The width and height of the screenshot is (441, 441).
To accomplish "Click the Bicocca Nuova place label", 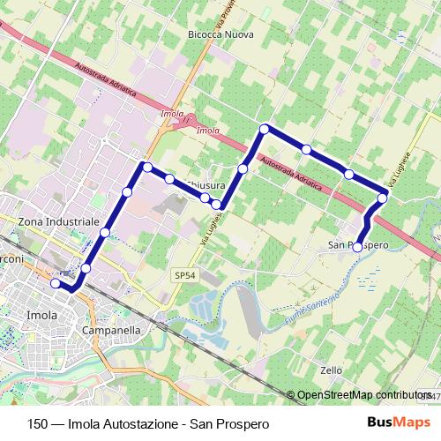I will tap(220, 34).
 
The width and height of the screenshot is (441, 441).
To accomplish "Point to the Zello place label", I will tap(331, 370).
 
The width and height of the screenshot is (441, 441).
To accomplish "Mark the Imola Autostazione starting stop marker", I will tap(56, 283).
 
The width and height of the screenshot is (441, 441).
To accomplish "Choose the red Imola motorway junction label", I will tap(173, 115).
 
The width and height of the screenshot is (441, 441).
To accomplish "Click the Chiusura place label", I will tap(206, 186).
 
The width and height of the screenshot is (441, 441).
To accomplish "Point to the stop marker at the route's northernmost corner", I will tap(264, 130).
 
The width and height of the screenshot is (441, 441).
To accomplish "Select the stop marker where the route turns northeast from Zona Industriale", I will tap(147, 167).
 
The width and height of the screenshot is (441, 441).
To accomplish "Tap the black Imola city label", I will tap(41, 314).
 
